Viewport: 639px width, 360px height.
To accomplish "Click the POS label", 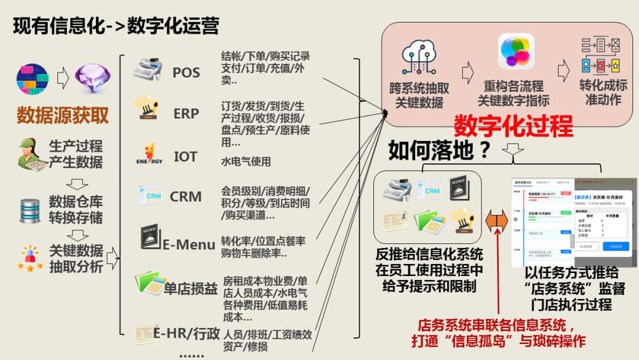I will [x=186, y=73].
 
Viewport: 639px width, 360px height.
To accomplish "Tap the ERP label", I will [x=186, y=113].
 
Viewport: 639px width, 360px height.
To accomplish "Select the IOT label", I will [x=185, y=157].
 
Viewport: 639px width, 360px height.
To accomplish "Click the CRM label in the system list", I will [x=186, y=197].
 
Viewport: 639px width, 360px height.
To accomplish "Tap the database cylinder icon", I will [x=30, y=210].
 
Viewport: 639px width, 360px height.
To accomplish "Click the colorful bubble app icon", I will [x=516, y=51].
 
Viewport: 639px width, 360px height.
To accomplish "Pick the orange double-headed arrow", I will [x=496, y=222].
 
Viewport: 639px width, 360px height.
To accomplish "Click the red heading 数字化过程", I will [x=513, y=126].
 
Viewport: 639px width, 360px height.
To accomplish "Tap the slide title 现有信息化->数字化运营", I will [x=116, y=26].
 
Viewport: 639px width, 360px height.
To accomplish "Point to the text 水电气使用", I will [x=246, y=161].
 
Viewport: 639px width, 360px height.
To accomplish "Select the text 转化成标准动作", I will [x=603, y=92].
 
